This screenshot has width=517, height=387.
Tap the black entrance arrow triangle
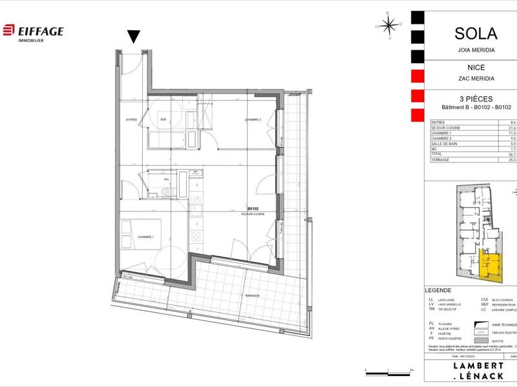(134, 37)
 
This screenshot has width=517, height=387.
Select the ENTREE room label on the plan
(131, 120)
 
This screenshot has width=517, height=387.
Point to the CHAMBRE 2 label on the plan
(252, 120)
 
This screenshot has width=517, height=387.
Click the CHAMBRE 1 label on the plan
(144, 237)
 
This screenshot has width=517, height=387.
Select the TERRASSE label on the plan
(252, 295)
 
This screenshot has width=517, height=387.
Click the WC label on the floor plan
(166, 179)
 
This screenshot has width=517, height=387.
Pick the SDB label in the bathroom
(164, 120)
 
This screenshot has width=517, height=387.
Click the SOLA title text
(467, 34)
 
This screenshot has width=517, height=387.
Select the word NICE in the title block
(467, 67)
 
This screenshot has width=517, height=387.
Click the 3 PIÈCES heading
(467, 99)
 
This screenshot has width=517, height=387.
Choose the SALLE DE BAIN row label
(447, 143)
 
